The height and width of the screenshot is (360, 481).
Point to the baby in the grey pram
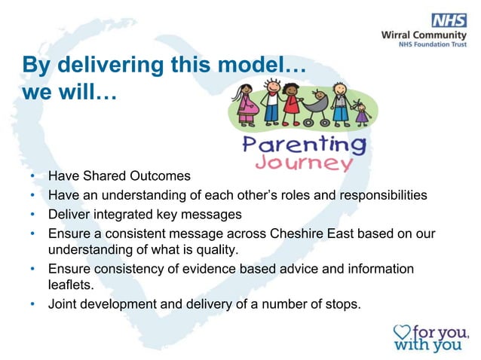pos(318,100)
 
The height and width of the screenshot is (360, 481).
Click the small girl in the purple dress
pos(363,113)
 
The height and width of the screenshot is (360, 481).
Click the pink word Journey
pos(304,163)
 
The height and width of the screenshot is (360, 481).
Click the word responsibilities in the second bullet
pos(381,195)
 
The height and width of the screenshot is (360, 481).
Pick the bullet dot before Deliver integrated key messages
pos(33,214)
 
